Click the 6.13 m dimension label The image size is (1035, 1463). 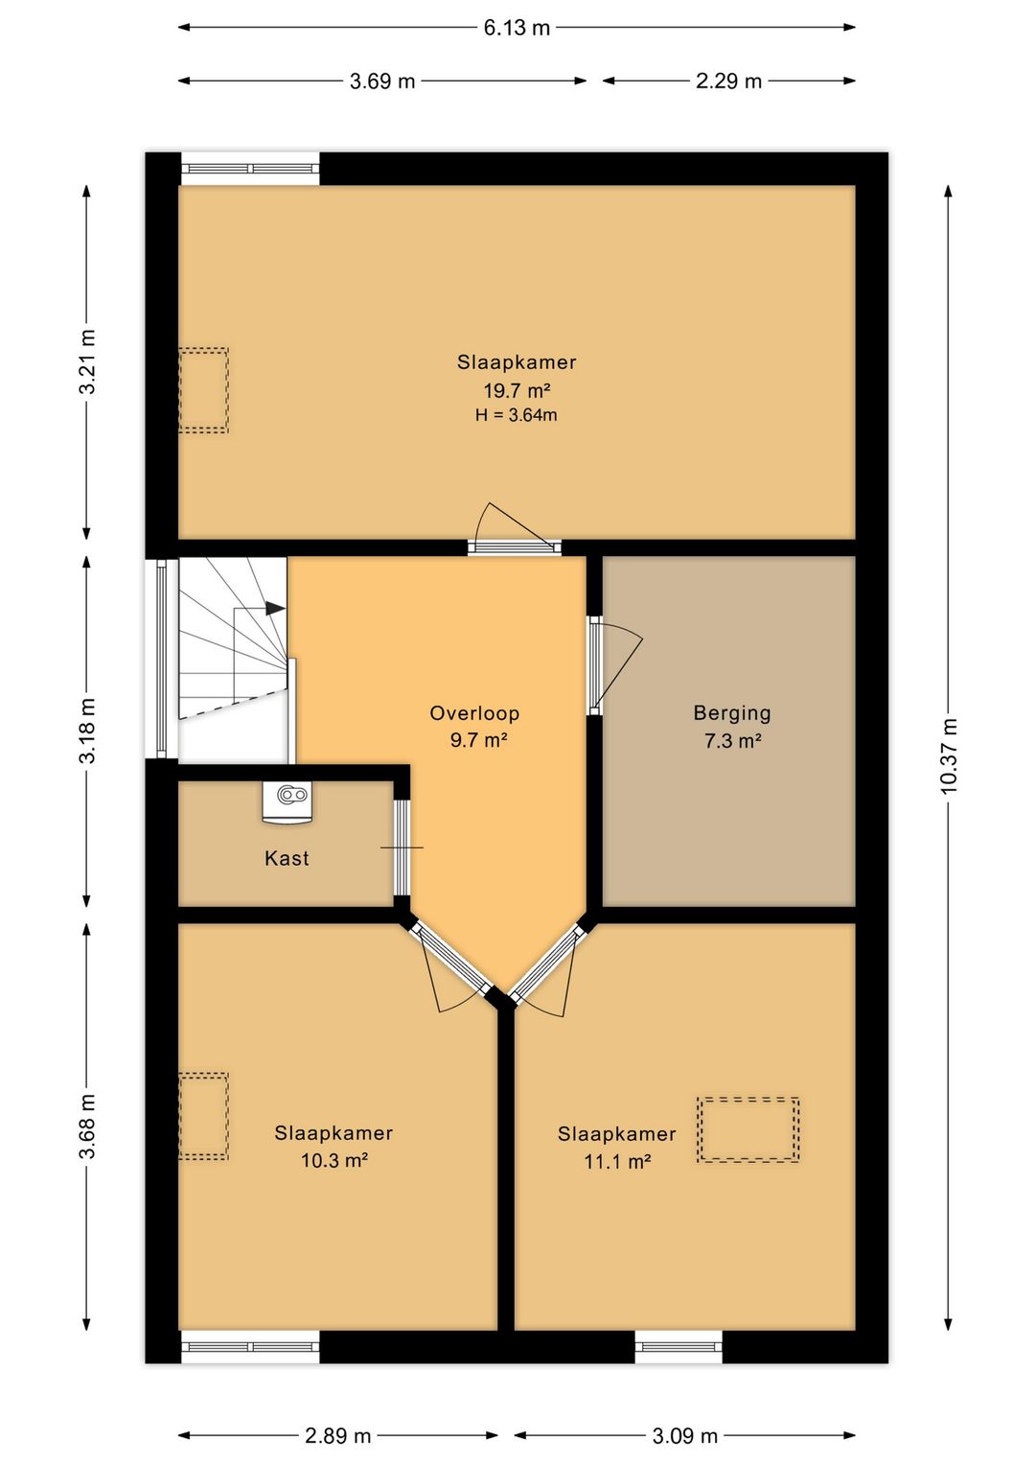pyautogui.click(x=517, y=28)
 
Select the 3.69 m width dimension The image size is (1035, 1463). pyautogui.click(x=382, y=81)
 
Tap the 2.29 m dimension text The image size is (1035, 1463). pyautogui.click(x=728, y=81)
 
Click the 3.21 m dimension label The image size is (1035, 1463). pyautogui.click(x=87, y=361)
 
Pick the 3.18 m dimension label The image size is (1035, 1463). pyautogui.click(x=87, y=731)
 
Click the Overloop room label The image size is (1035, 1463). pyautogui.click(x=474, y=712)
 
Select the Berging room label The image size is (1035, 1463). pyautogui.click(x=732, y=712)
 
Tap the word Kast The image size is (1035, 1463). pyautogui.click(x=287, y=857)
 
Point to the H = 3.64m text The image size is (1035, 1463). pyautogui.click(x=516, y=415)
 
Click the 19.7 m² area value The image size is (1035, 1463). pyautogui.click(x=517, y=390)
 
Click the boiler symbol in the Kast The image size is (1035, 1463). pyautogui.click(x=287, y=801)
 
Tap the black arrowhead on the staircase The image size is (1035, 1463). pyautogui.click(x=276, y=608)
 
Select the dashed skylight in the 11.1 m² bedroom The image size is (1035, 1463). pyautogui.click(x=748, y=1129)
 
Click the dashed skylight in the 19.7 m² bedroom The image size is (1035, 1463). pyautogui.click(x=204, y=390)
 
